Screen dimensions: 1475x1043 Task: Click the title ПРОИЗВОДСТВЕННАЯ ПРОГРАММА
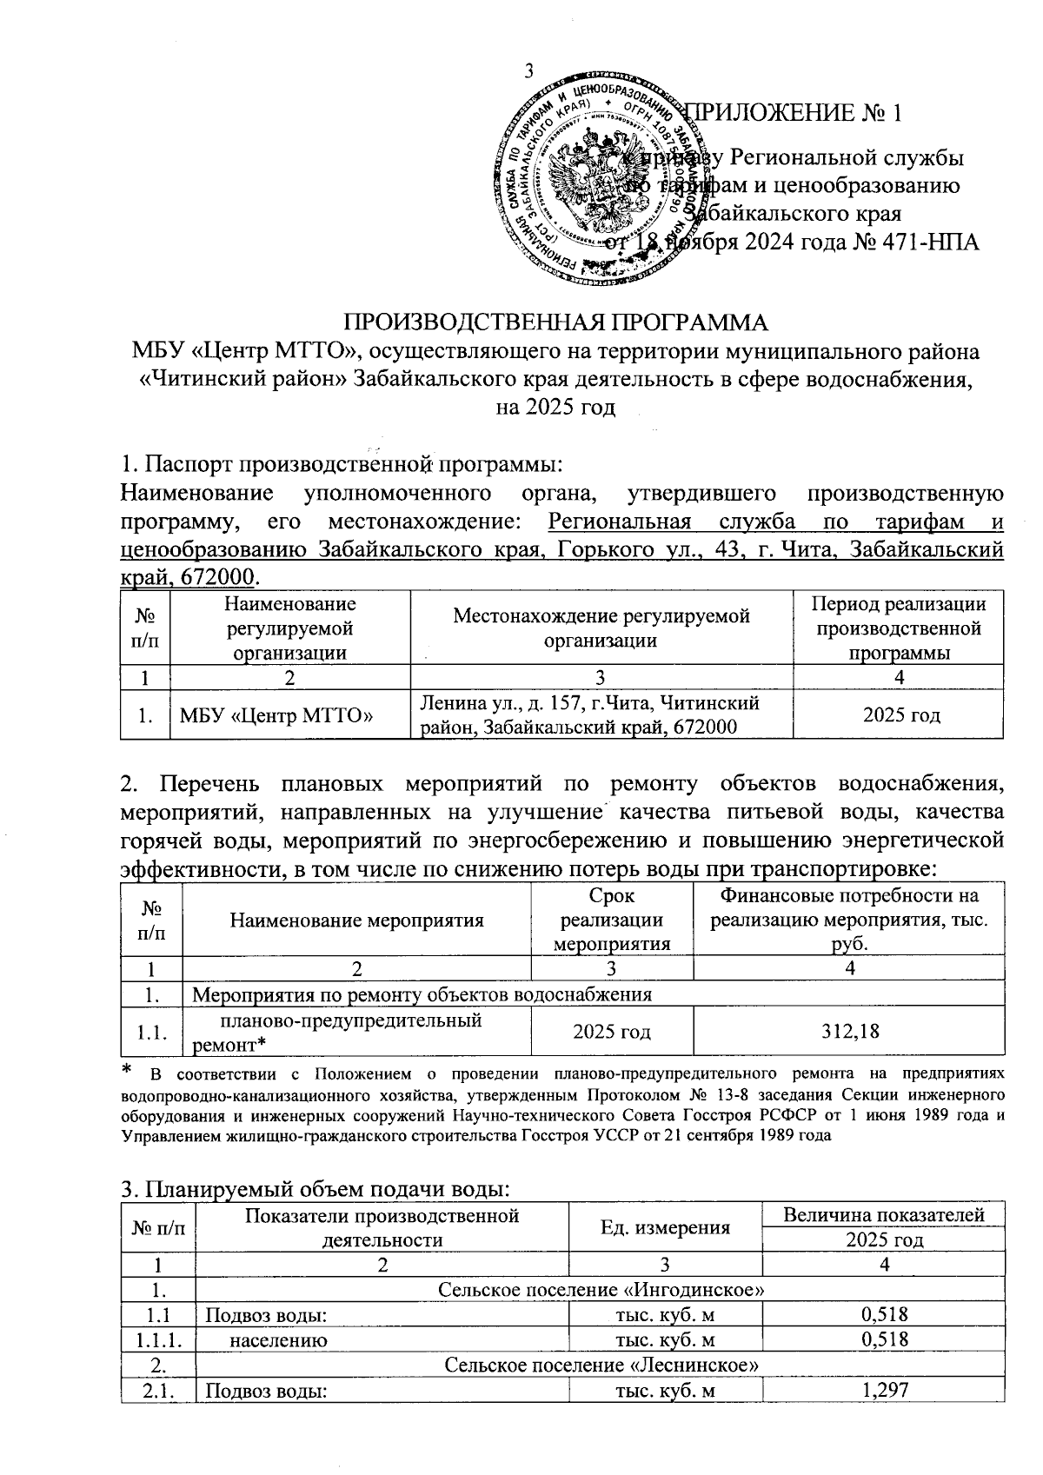(x=558, y=322)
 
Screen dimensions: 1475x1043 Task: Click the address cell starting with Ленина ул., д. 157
(x=591, y=714)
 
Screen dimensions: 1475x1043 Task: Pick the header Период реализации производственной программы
(x=898, y=628)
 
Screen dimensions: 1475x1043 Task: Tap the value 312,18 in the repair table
(x=849, y=1032)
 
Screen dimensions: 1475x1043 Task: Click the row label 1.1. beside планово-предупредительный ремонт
(x=151, y=1033)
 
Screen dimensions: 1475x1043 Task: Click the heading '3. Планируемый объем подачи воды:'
(x=316, y=1188)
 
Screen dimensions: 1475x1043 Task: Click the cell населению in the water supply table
(x=278, y=1339)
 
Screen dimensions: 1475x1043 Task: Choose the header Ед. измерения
(x=665, y=1227)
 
